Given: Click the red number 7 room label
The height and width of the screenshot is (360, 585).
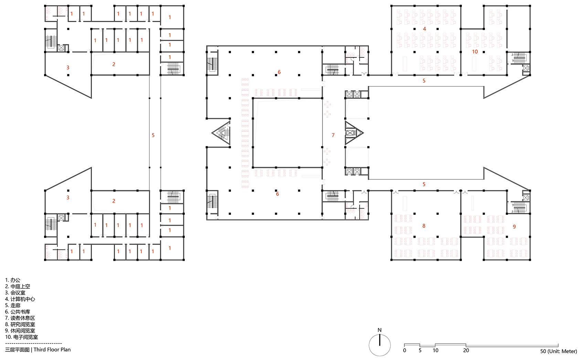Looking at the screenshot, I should [333, 135].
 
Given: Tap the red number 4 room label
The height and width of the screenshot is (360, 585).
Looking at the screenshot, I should [424, 29].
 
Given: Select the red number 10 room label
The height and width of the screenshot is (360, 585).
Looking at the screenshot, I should [475, 52].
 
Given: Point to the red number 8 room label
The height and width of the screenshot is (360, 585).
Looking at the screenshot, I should [424, 226].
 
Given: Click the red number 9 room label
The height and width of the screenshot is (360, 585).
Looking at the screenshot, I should [514, 226].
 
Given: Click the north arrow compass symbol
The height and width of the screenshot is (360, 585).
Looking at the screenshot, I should [380, 345].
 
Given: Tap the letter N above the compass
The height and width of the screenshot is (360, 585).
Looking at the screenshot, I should [380, 330].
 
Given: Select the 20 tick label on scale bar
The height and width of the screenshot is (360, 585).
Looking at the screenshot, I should [466, 350].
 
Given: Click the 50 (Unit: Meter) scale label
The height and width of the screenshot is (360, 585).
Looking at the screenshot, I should [558, 351].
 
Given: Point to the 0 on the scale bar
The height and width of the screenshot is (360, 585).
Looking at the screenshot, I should [404, 350].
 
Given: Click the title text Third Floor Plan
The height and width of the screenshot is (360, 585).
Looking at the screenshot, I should [52, 349].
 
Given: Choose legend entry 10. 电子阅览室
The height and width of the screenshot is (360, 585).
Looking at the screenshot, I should [21, 337].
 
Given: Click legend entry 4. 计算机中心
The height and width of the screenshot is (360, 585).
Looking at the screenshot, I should [20, 299].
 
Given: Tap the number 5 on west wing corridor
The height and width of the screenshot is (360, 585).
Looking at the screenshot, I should [153, 135].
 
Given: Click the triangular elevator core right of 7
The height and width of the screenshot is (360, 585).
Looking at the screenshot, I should [353, 133].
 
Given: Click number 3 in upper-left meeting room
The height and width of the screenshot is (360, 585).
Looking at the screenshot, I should [68, 67].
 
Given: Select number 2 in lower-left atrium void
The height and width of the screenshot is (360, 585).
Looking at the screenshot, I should [114, 201].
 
